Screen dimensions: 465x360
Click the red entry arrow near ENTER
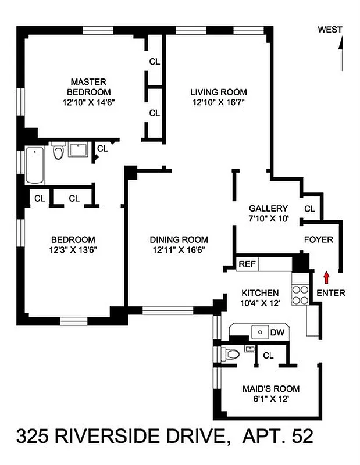click(326, 276)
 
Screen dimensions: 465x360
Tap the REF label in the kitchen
click(247, 264)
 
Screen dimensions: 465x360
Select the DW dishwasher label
click(277, 332)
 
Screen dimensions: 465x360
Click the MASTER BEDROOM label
click(88, 87)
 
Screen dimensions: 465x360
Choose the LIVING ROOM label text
click(219, 92)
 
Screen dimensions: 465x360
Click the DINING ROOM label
click(179, 239)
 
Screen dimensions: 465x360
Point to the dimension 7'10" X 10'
click(268, 219)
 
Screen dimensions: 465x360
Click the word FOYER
click(318, 239)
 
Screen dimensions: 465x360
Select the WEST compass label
click(330, 30)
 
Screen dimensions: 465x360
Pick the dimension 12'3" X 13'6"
click(73, 251)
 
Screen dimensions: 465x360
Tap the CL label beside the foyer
click(309, 209)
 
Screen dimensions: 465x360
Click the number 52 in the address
click(301, 435)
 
